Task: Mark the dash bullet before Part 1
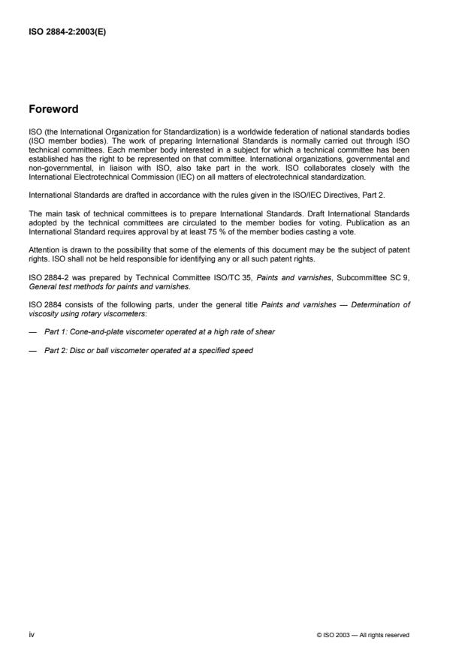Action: pyautogui.click(x=33, y=331)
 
